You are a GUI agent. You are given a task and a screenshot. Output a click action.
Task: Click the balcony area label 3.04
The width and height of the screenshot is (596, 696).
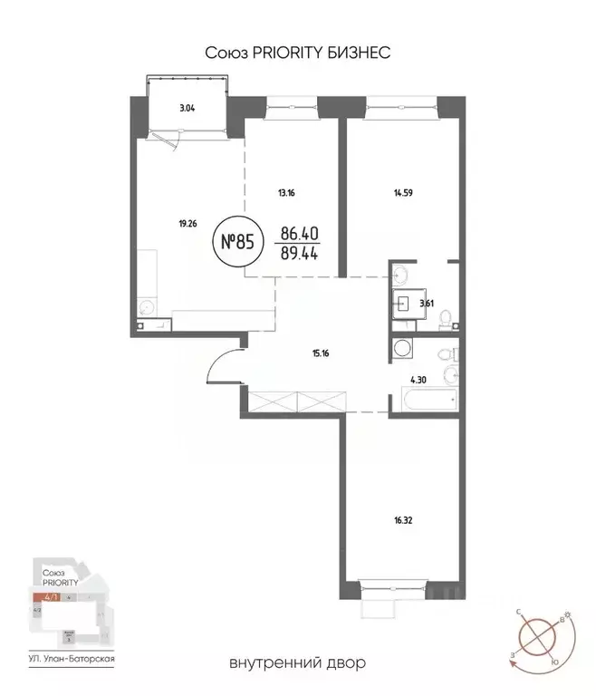coord(187,108)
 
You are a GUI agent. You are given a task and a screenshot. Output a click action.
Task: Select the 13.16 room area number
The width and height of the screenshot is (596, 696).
coord(287,191)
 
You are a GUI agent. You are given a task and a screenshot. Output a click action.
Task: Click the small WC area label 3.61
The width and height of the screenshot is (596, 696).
coord(427,304)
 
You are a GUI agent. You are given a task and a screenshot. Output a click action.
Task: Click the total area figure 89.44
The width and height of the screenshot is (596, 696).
coord(299,256)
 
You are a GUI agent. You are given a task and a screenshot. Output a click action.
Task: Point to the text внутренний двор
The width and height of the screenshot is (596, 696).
coord(298,664)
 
